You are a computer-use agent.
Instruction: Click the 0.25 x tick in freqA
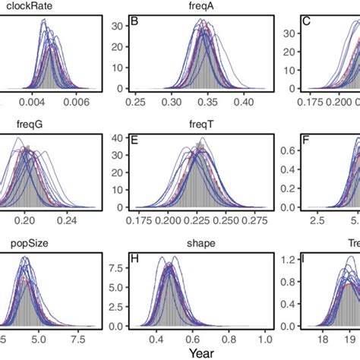point(137,100)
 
